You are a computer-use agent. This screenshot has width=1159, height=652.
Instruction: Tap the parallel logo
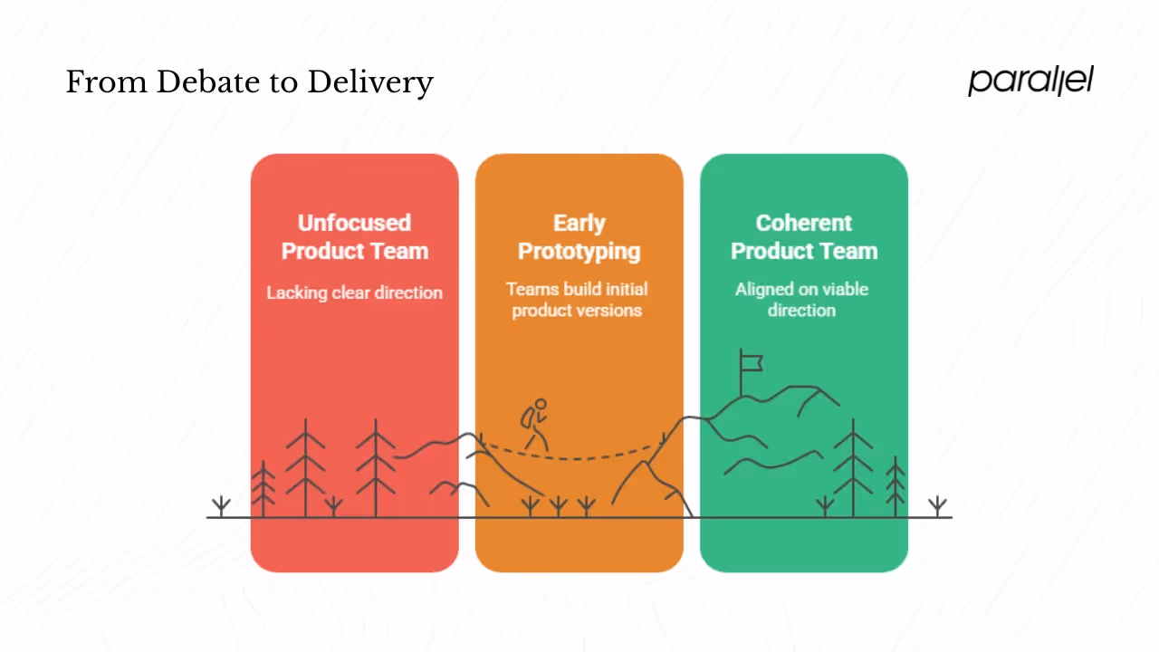coord(1030,81)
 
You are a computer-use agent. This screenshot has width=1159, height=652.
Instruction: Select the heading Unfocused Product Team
coord(354,236)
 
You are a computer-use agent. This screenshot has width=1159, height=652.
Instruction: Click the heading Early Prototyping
coord(579,236)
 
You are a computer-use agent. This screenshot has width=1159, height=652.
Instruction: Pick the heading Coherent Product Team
coord(803,236)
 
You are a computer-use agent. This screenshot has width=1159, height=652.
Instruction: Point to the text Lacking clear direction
coord(354,292)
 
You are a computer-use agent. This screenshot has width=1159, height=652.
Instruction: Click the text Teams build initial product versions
coord(577,300)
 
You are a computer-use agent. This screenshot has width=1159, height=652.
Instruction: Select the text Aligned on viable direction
coord(801,300)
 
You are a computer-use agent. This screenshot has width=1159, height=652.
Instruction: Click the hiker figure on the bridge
coord(534,425)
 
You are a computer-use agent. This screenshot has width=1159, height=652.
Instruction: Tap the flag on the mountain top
coord(751,362)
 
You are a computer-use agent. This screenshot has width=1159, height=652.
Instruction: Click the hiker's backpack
coord(526,417)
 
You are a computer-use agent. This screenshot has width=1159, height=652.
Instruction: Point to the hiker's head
coord(541,404)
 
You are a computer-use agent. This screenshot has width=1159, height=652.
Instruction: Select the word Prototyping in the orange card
coord(579,251)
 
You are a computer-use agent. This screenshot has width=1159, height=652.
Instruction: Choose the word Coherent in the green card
coord(804,223)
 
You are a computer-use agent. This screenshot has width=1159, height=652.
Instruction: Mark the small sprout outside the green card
coord(937,505)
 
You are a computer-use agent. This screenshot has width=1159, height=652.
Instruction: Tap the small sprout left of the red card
coord(221,505)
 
